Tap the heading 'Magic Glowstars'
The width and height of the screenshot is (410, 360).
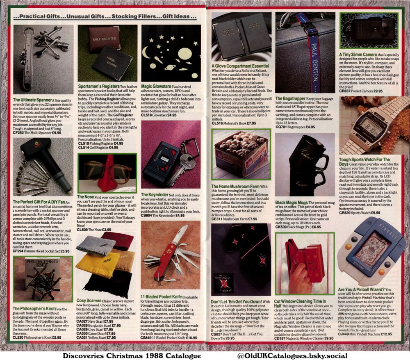155,87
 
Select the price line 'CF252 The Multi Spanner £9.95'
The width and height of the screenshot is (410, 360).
37,133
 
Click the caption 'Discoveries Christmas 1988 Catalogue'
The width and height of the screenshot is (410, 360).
132,355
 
